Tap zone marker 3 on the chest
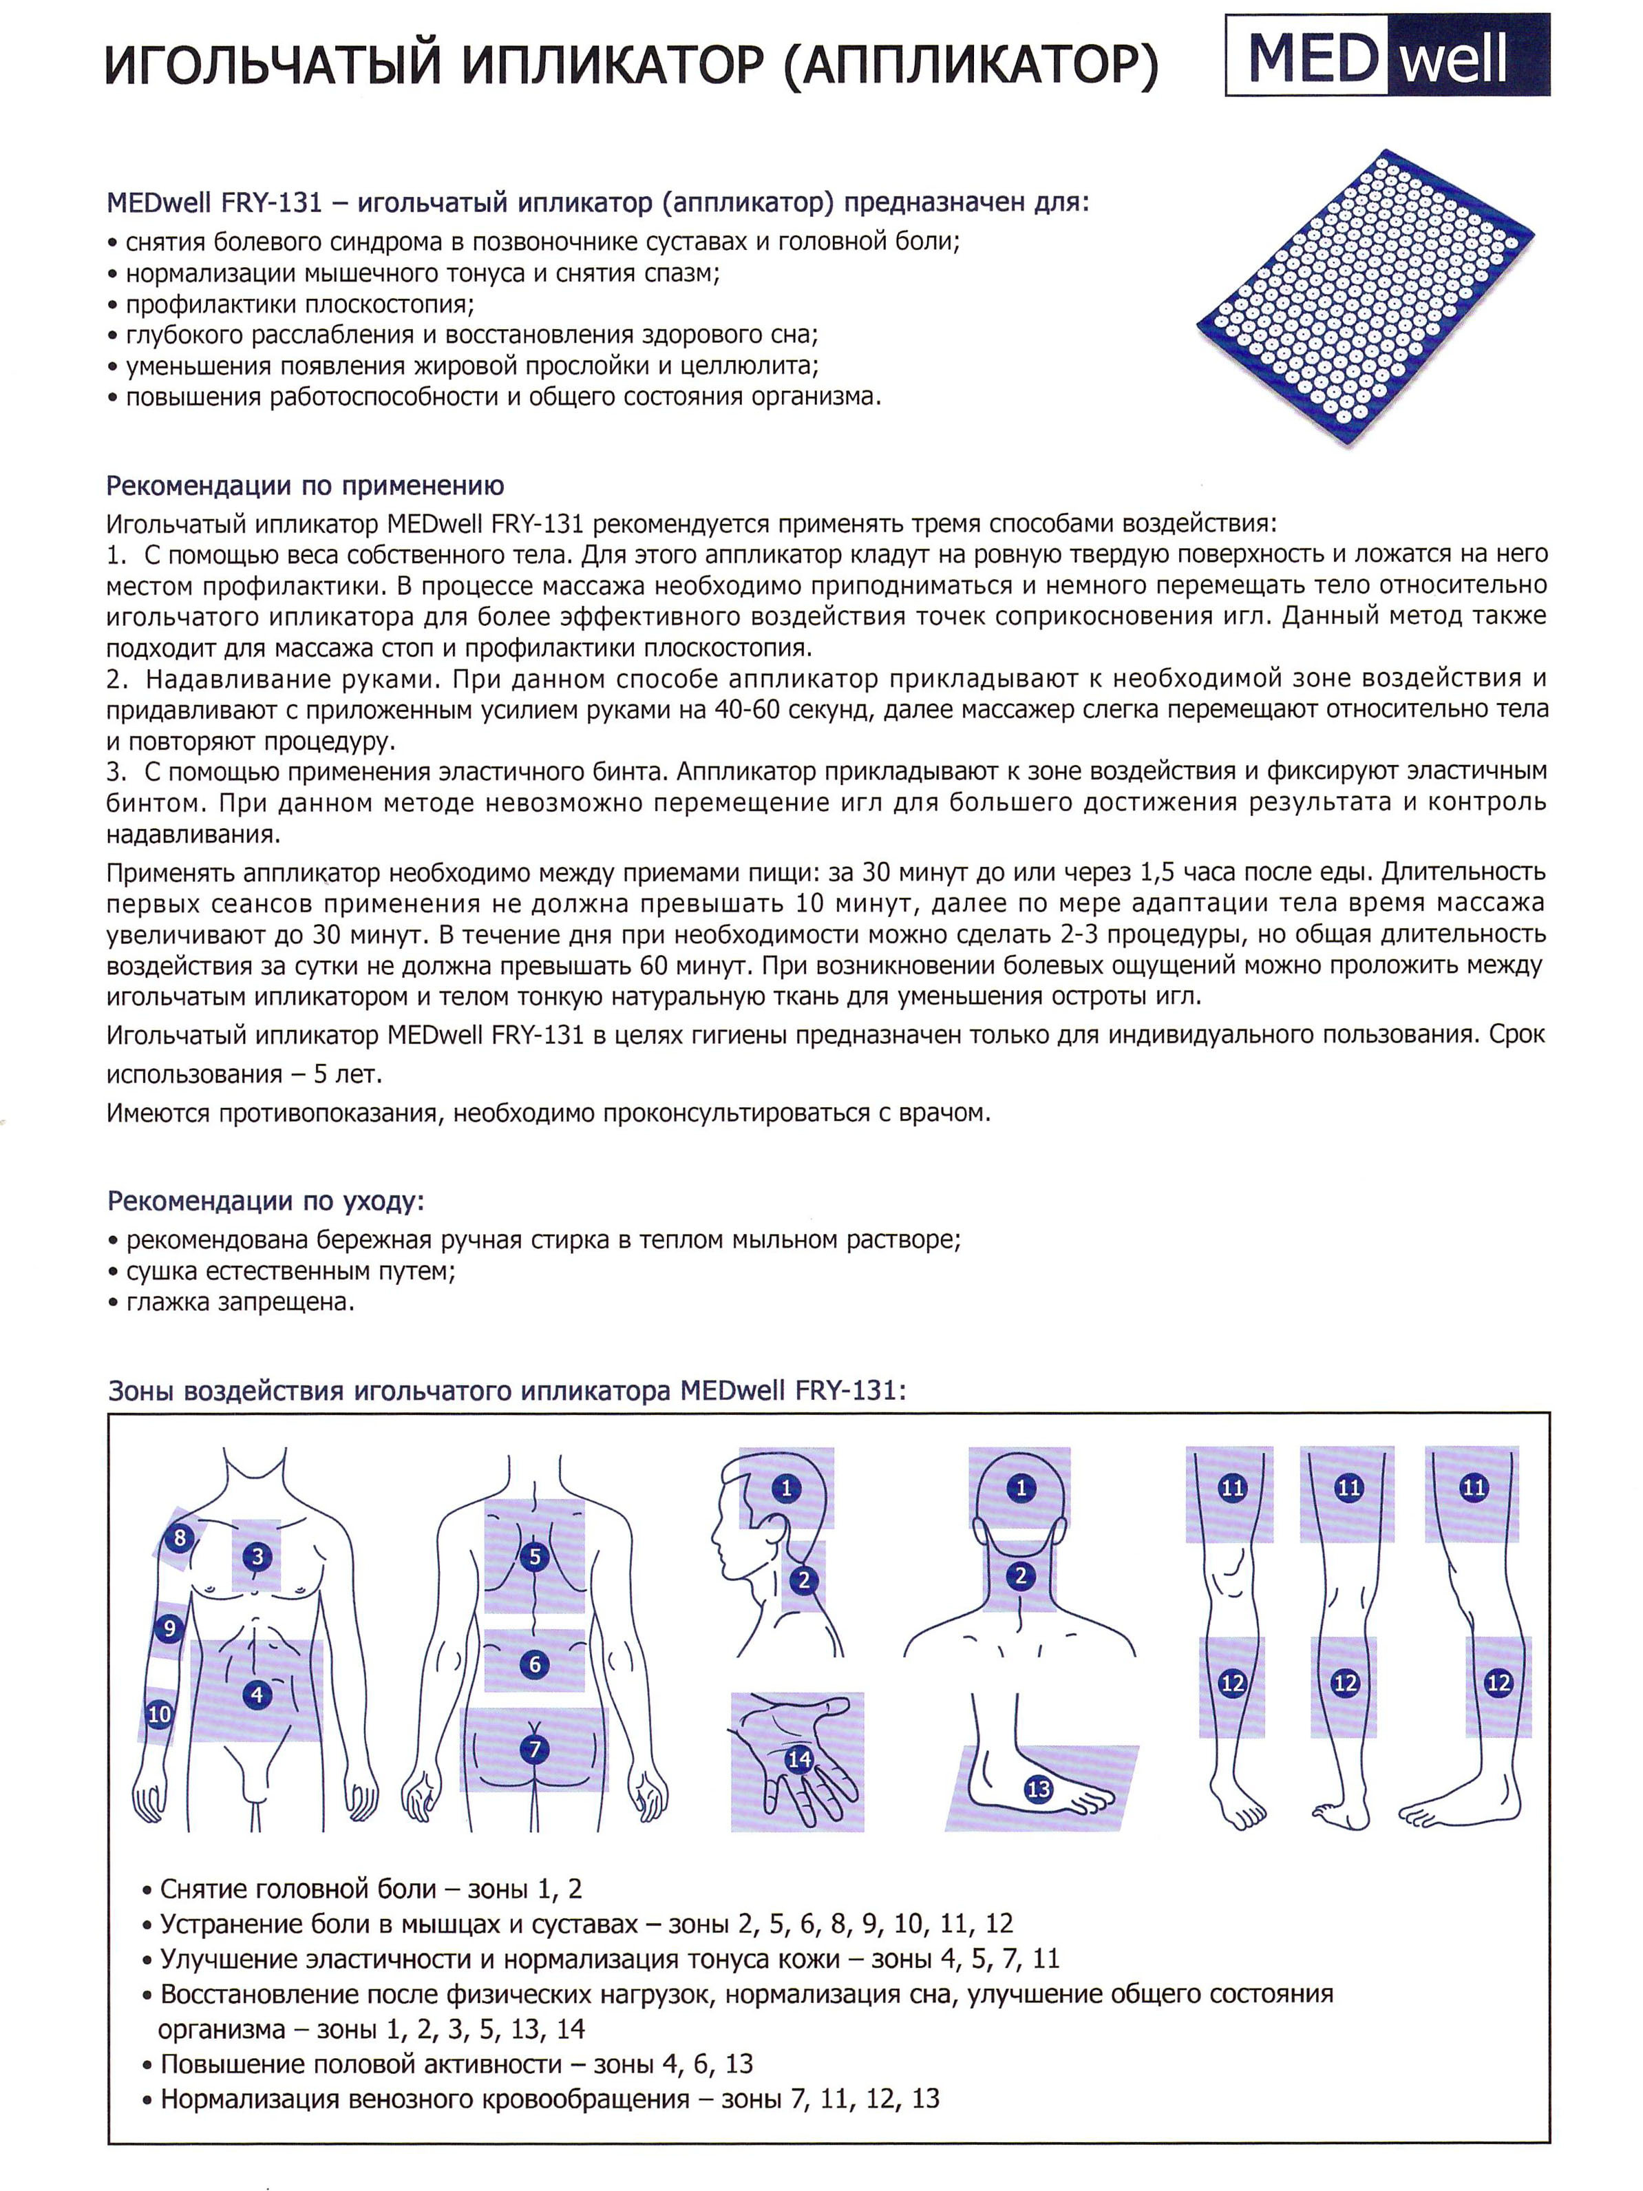tap(257, 1556)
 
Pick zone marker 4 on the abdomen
tap(257, 1694)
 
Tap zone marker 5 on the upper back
tap(535, 1556)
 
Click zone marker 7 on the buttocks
tap(535, 1749)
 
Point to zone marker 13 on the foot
tap(1038, 1789)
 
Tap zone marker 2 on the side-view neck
tap(803, 1580)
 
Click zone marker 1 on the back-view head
tap(1021, 1487)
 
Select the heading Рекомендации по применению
tap(305, 486)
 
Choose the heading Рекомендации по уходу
tap(266, 1202)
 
